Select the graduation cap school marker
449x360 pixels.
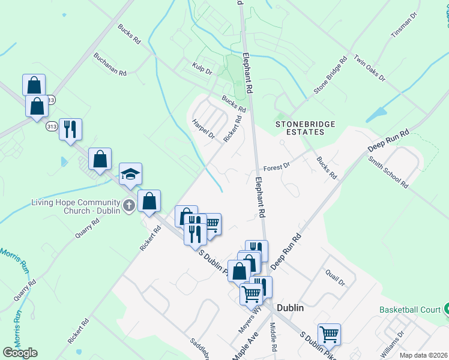pos(130,175)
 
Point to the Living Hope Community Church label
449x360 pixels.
pos(75,207)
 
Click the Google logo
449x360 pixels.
pos(20,352)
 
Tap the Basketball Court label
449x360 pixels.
pos(409,310)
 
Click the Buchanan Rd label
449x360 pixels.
pos(110,65)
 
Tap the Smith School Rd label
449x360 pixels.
pos(389,172)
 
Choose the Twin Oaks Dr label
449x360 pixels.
pos(369,69)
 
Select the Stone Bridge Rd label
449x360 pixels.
pos(331,76)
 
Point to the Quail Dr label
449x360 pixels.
pos(335,277)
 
